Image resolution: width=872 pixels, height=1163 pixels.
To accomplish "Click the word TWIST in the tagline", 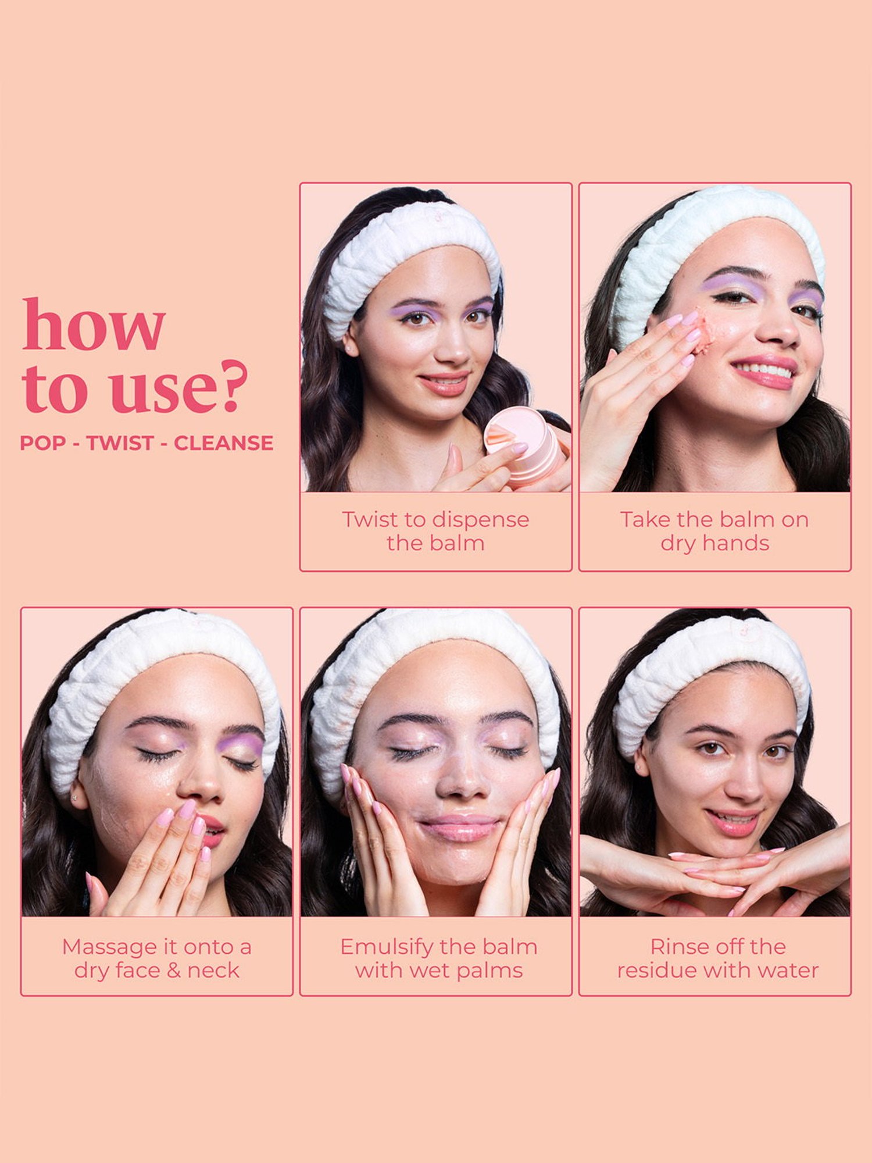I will [x=120, y=443].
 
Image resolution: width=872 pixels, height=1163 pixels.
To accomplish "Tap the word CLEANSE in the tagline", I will [x=223, y=443].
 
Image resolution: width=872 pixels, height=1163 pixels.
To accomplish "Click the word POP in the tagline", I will [x=42, y=443].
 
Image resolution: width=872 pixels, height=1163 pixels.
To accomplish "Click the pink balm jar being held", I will [x=523, y=445].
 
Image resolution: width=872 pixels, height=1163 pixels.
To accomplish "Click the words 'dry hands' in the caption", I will [x=714, y=543].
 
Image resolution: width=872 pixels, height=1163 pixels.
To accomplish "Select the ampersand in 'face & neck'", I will [x=174, y=970].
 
